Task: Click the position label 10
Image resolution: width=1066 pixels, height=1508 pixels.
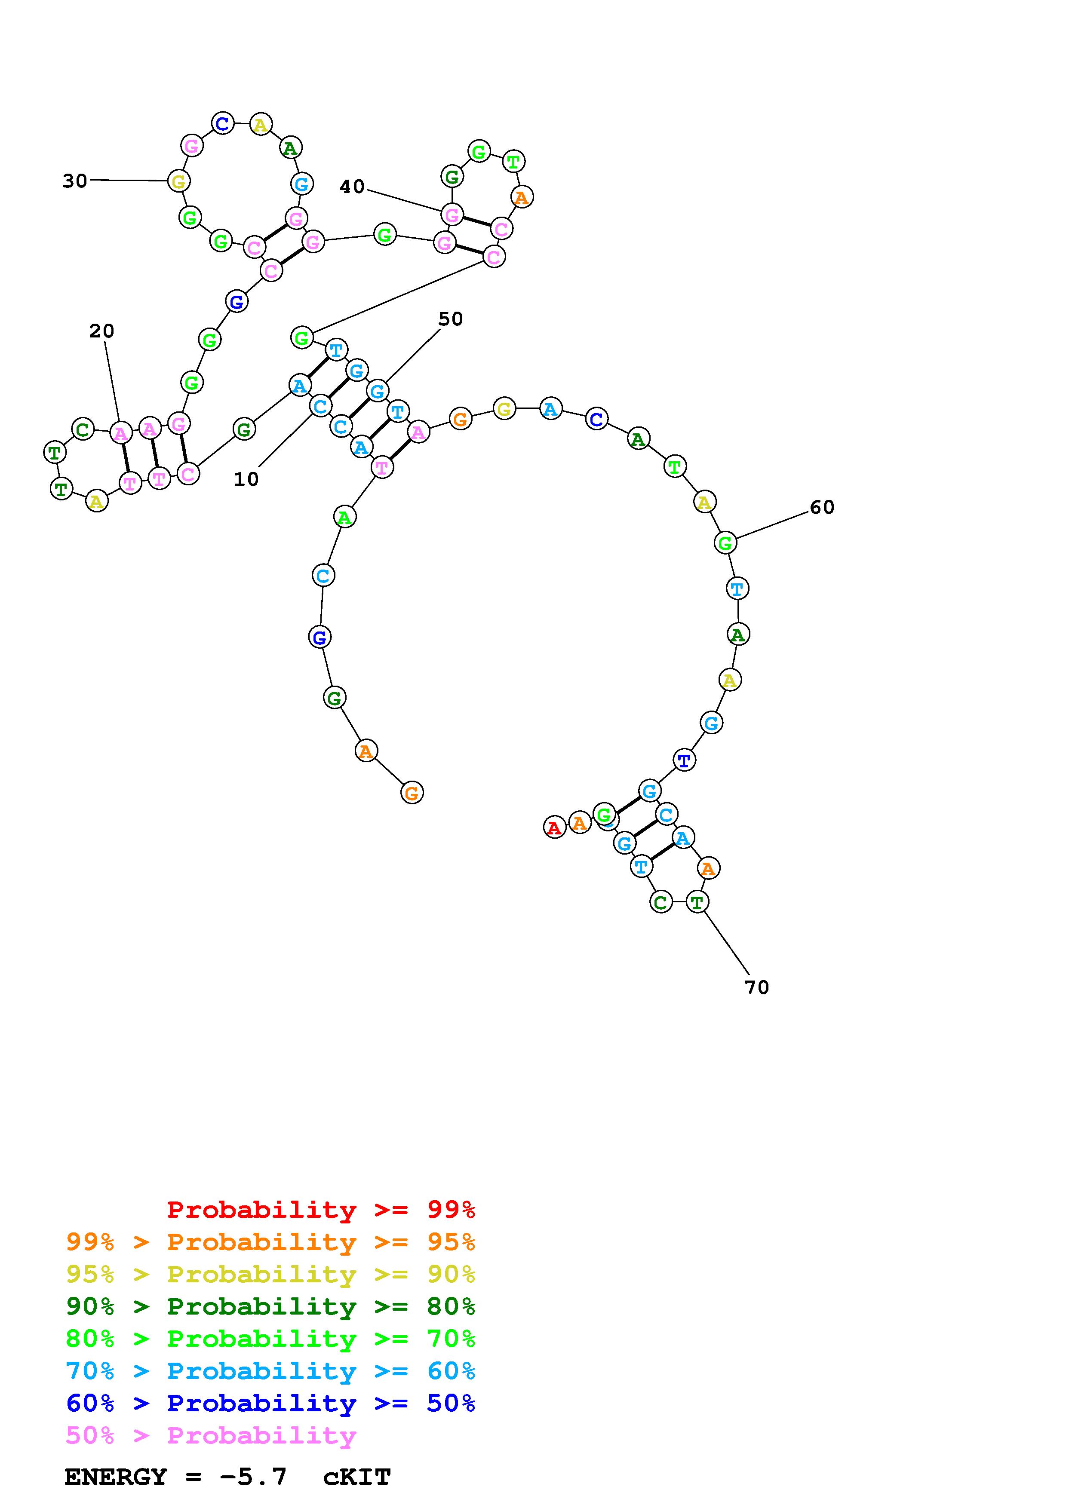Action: [x=246, y=479]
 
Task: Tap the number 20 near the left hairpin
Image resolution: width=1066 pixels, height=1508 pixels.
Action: [x=102, y=331]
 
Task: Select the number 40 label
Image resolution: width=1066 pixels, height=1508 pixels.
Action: [x=352, y=187]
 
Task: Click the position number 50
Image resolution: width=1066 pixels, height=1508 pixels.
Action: [x=451, y=319]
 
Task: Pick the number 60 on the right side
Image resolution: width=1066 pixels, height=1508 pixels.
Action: [x=822, y=507]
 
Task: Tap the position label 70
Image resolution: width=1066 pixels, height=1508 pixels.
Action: [x=757, y=987]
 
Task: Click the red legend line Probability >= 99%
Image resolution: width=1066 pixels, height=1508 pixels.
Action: [x=321, y=1210]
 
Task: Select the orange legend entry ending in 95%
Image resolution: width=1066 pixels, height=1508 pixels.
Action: [x=270, y=1242]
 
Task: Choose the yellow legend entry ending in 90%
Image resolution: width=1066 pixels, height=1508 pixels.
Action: [x=270, y=1274]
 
